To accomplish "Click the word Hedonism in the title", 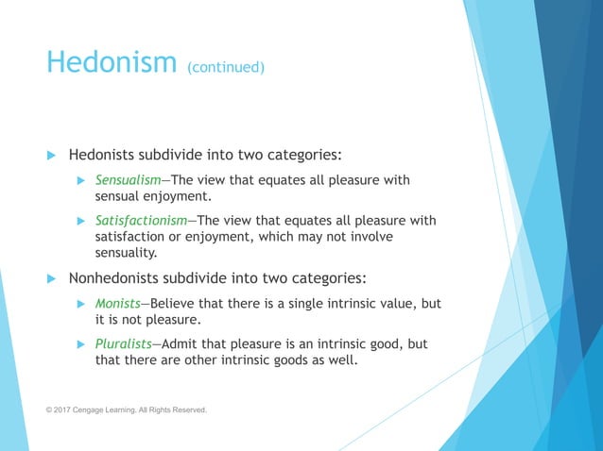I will (111, 62).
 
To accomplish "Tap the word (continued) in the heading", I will (226, 67).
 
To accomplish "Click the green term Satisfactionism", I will (141, 221).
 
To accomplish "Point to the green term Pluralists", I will (126, 342).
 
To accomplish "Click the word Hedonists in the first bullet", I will (103, 154).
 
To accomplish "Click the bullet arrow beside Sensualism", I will (81, 180).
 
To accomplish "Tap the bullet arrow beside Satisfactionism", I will (81, 221).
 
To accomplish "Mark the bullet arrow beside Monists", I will (81, 304).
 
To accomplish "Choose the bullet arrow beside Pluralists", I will (81, 342).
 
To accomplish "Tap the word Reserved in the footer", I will (187, 410).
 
